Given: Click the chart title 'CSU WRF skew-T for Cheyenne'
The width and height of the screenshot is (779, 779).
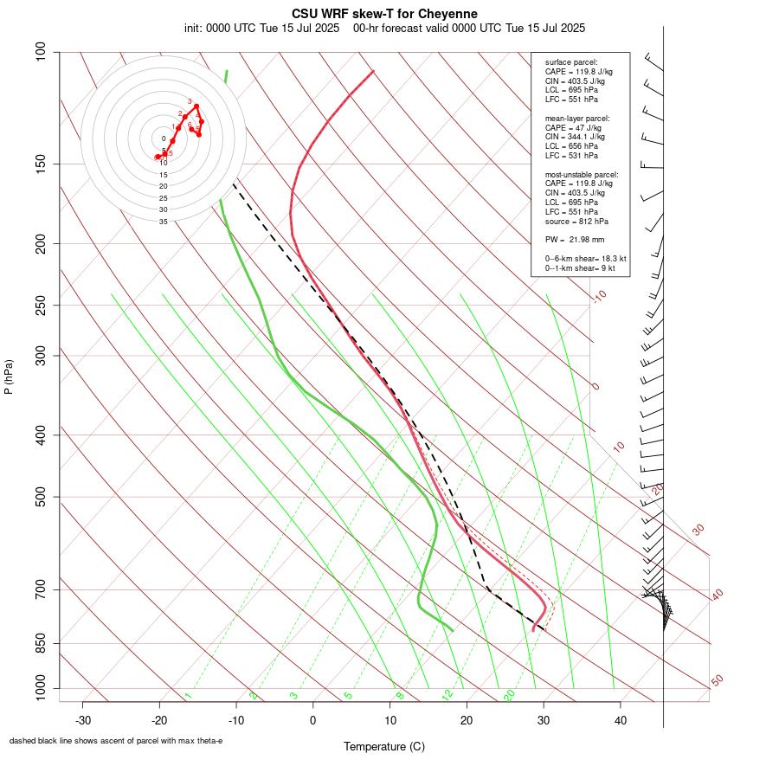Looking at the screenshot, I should coord(384,14).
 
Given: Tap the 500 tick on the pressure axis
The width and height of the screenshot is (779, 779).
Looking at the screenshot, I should coord(42,497).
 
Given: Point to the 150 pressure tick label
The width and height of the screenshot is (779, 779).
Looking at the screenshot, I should coord(42,164).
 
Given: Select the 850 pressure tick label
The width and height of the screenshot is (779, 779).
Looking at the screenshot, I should coord(42,643).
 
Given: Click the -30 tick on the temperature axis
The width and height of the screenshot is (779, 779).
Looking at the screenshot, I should coord(82,720).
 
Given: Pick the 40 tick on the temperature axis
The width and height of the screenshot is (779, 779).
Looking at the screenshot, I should coord(621,720).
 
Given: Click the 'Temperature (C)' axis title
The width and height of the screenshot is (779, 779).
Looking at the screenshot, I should coord(384,746).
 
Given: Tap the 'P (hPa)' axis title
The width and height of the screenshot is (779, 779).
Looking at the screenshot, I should coord(9,377).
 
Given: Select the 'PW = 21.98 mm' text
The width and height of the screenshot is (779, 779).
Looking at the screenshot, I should coord(575,239).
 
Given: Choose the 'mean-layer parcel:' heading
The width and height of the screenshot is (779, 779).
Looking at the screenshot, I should coord(577,118).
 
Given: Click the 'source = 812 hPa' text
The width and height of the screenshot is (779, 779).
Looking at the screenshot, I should coord(575,221).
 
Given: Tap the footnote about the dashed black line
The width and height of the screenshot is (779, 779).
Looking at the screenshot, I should coord(116,741).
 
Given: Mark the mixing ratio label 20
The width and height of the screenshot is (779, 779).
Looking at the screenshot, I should coord(509,694).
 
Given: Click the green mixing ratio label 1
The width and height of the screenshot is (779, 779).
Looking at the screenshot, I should coord(188,695).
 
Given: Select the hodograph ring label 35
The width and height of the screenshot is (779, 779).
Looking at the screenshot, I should coord(163,222).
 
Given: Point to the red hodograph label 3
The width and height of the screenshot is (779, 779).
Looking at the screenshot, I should coord(190,102).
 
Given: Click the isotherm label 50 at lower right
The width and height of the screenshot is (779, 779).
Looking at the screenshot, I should coord(717,681).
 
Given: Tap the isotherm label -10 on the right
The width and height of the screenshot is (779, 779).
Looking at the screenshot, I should coord(599,296).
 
